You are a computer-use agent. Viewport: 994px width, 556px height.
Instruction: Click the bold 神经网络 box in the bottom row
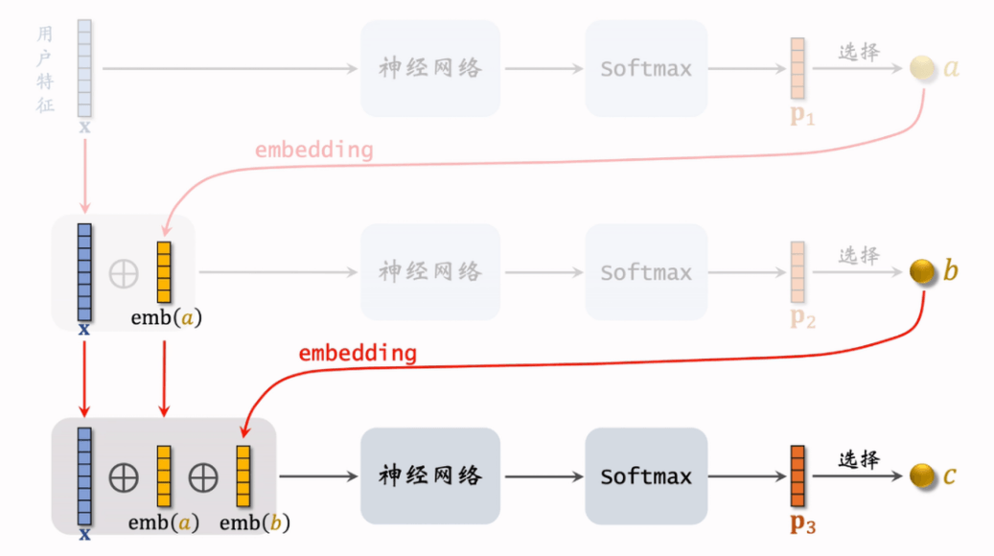tap(430, 475)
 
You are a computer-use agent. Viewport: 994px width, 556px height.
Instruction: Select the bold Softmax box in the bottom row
tap(646, 475)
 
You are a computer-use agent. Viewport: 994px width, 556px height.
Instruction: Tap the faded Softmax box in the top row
tap(646, 69)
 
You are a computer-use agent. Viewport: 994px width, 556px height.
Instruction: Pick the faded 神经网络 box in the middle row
tap(430, 271)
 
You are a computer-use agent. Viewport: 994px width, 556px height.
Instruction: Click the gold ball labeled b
tap(922, 271)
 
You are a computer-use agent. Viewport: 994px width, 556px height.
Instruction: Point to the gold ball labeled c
tap(922, 475)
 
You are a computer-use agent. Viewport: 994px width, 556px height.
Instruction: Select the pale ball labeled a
tap(922, 68)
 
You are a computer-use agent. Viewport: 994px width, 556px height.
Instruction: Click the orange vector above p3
tap(798, 475)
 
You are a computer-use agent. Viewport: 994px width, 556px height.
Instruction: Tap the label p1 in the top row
tap(801, 117)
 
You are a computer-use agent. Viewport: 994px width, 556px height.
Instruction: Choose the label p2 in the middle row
tap(802, 320)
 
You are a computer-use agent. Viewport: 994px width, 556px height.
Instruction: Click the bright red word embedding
tap(358, 353)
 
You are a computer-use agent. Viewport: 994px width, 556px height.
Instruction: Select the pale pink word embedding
tap(313, 151)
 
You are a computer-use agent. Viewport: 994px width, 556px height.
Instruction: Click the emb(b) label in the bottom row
tap(254, 523)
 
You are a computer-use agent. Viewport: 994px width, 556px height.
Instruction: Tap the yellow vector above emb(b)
tap(243, 475)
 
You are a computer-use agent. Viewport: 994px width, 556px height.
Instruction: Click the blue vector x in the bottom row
tap(84, 475)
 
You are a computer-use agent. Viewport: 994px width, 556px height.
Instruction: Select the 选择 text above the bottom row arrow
tap(859, 459)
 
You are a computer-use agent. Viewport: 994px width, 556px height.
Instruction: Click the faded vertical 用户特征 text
tap(45, 69)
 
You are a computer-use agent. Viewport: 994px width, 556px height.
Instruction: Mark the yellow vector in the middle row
tap(164, 272)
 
